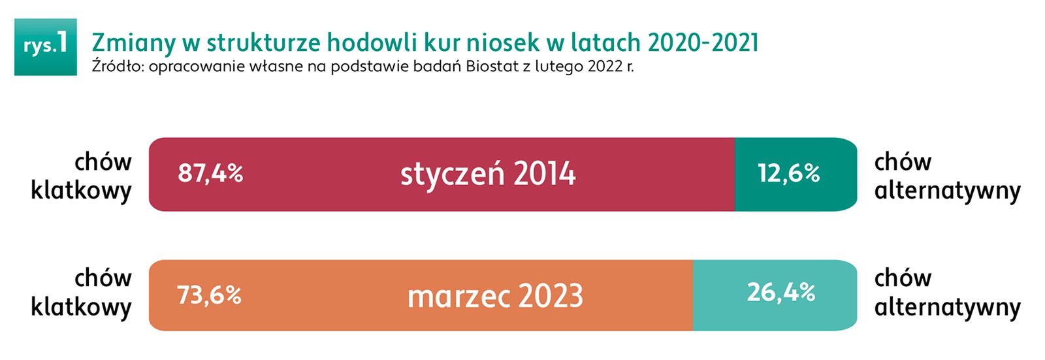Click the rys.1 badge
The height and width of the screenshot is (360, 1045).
pyautogui.click(x=45, y=46)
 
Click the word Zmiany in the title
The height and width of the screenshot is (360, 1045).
pyautogui.click(x=133, y=43)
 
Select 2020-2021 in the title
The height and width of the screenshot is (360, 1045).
pyautogui.click(x=703, y=43)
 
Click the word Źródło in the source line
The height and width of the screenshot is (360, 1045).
pyautogui.click(x=117, y=66)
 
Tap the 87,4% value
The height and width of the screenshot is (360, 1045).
pyautogui.click(x=210, y=173)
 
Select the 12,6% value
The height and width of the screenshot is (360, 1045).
pyautogui.click(x=789, y=173)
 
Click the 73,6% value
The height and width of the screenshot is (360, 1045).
pyautogui.click(x=210, y=295)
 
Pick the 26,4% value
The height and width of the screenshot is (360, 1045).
pyautogui.click(x=781, y=292)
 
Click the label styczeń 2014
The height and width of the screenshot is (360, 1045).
pyautogui.click(x=488, y=174)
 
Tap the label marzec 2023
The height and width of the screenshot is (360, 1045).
pyautogui.click(x=496, y=296)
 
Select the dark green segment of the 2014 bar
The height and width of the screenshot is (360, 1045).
pyautogui.click(x=796, y=174)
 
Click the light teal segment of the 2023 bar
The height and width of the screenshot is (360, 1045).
pyautogui.click(x=775, y=295)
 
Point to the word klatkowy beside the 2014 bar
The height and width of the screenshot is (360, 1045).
pyautogui.click(x=81, y=191)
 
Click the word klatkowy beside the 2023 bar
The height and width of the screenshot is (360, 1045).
pyautogui.click(x=81, y=307)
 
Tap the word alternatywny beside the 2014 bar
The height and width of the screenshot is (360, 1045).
pyautogui.click(x=948, y=191)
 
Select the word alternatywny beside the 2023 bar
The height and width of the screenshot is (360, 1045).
pyautogui.click(x=948, y=307)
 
